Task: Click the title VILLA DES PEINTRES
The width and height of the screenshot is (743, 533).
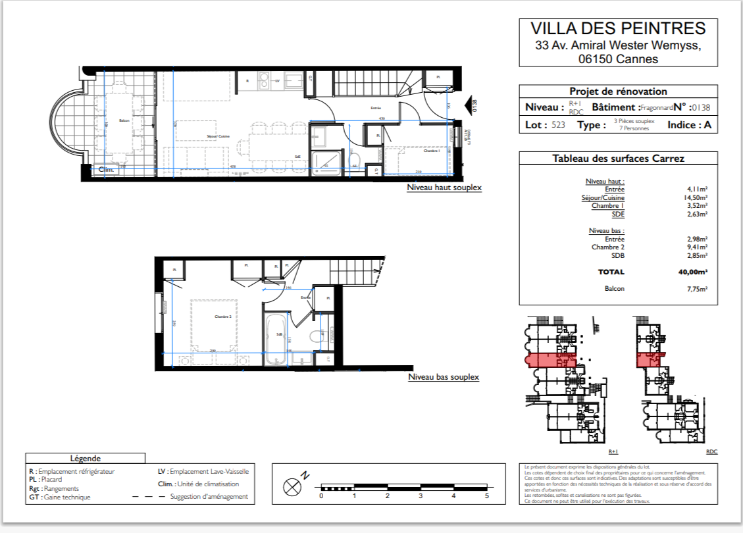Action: pos(617,28)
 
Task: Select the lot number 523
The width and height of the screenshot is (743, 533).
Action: pos(559,125)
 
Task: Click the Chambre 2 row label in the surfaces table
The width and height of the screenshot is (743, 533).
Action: pos(608,247)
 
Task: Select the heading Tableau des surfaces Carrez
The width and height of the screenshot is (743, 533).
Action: pos(618,159)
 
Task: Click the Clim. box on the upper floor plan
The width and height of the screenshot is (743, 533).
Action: pos(106,170)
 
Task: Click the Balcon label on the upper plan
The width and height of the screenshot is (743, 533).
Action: pos(124,120)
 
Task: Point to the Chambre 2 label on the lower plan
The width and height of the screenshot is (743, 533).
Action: pos(223,317)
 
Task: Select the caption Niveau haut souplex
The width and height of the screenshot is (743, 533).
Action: pos(444,188)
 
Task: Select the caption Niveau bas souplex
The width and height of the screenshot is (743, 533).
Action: pos(444,377)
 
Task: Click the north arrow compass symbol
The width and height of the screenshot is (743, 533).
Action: pos(292,487)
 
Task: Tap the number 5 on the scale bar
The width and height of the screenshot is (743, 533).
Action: pos(486,496)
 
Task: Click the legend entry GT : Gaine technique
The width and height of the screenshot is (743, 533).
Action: pos(60,497)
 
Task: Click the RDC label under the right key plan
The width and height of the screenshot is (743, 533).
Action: pos(711,452)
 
